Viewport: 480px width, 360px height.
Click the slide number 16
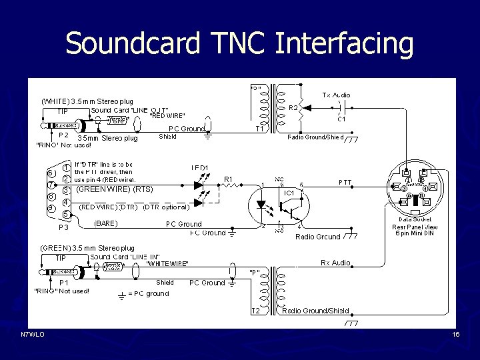point(456,335)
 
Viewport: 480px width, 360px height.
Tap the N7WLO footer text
point(33,335)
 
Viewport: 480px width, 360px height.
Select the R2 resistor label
point(293,107)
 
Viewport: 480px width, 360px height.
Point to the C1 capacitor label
point(341,119)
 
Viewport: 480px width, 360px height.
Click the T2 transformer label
point(255,311)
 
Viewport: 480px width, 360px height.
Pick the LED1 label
point(199,167)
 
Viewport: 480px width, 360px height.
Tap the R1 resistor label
point(228,179)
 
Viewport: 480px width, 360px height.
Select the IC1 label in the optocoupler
point(290,193)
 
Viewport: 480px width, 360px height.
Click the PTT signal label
point(345,182)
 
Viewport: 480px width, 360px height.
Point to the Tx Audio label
point(336,95)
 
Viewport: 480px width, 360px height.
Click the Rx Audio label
point(335,263)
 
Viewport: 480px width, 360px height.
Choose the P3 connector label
point(64,227)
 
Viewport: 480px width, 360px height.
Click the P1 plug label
point(64,282)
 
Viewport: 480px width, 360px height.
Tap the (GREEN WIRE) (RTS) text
point(115,189)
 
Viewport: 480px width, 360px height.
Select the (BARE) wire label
point(106,223)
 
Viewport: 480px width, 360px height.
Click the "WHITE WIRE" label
point(167,264)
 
